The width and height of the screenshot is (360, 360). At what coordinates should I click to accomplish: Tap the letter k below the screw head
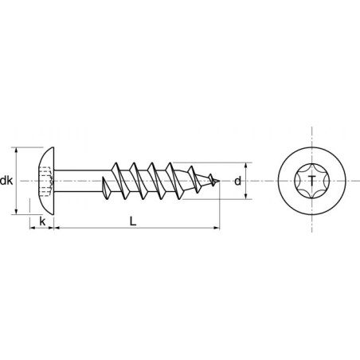[41, 221]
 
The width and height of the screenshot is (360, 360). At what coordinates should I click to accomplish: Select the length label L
[133, 221]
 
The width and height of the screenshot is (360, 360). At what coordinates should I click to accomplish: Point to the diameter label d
[237, 181]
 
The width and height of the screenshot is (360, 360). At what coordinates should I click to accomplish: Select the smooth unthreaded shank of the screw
[80, 180]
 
